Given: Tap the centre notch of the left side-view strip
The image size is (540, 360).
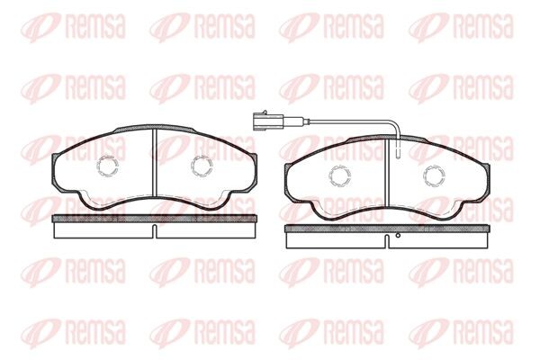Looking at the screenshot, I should tap(155, 229).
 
